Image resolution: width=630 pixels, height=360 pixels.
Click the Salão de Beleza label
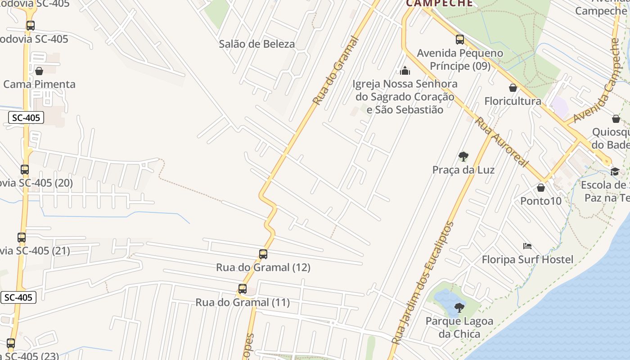256,44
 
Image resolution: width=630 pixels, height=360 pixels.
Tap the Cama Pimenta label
40,84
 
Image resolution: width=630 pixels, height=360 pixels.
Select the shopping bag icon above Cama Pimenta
39,71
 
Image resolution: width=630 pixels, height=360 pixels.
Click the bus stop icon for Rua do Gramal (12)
263,254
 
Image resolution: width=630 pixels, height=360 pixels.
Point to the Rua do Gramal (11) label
243,302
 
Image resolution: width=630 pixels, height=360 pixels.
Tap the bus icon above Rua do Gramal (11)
243,289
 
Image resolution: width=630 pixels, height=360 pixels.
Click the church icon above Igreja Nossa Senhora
405,71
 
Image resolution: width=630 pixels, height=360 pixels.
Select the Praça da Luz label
463,170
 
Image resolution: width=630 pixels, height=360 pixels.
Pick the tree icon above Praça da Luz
463,157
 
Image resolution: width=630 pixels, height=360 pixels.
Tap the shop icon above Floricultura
513,88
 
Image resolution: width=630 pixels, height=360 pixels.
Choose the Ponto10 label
541,201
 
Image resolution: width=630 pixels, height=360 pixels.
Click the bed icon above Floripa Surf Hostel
527,246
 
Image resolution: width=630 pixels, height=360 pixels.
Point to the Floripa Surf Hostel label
527,260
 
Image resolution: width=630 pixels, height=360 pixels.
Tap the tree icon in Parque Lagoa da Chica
459,308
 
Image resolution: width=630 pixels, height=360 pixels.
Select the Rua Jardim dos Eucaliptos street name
423,283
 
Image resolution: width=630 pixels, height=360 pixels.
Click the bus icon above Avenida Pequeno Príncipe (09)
459,40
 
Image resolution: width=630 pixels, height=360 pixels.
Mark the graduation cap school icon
615,171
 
